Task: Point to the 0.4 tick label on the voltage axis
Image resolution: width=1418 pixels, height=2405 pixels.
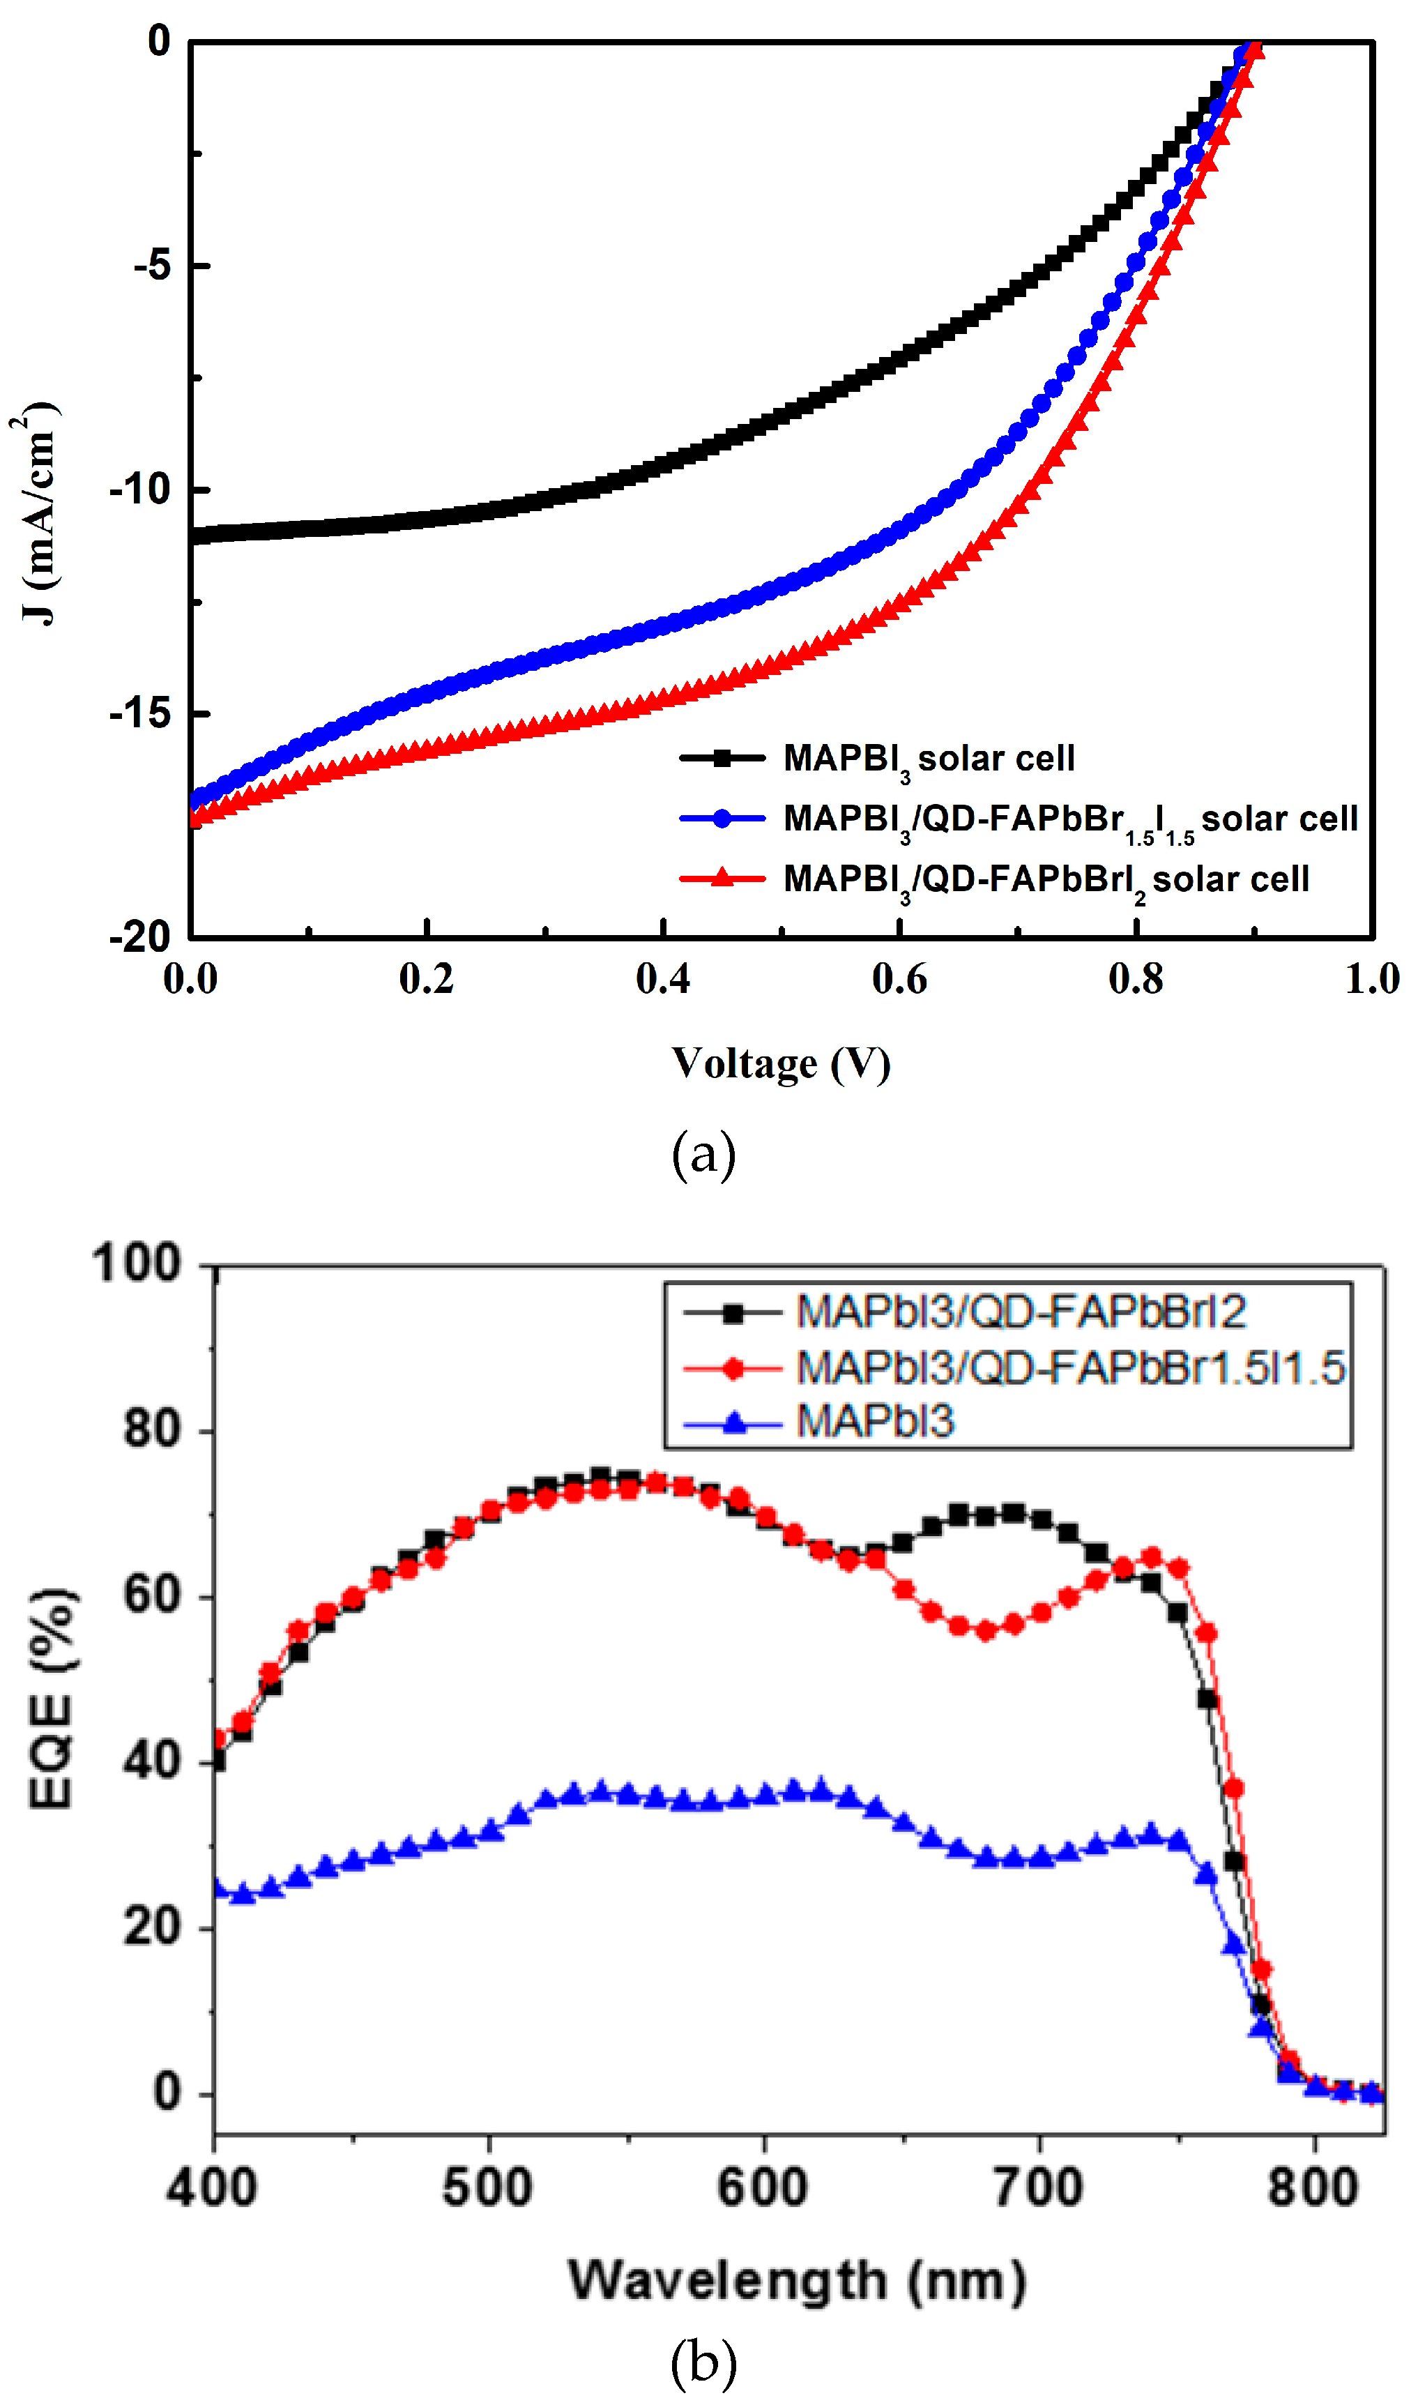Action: tap(662, 978)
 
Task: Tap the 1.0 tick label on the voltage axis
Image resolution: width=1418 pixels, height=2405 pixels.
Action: tap(1372, 978)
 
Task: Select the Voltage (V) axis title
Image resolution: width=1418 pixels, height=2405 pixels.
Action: tap(781, 1063)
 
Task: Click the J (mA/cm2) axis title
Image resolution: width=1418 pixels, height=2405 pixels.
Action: tap(38, 513)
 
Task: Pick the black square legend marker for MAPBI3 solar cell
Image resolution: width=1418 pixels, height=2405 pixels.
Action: tap(722, 759)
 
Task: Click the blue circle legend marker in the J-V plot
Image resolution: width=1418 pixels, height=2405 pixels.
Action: tap(722, 819)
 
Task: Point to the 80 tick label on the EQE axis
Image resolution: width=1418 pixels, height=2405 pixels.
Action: tap(152, 1429)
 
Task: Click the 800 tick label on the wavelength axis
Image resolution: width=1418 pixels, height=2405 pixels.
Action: tap(1313, 2187)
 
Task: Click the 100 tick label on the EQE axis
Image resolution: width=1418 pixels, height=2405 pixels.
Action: tap(137, 1264)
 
